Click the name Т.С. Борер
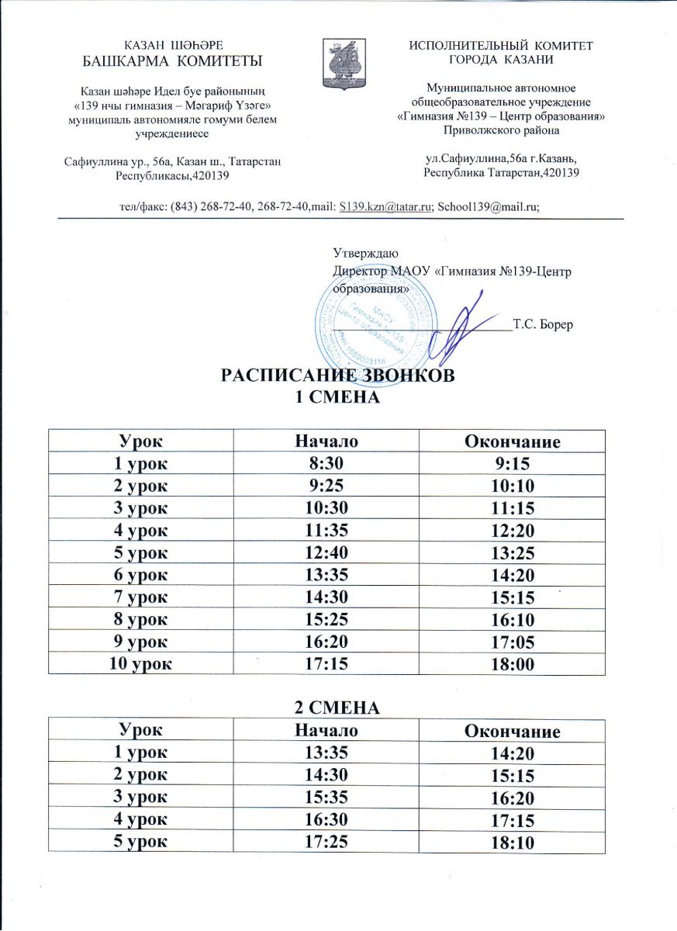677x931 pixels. (543, 324)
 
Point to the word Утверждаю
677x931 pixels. (366, 253)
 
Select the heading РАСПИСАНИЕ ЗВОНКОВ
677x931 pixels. (337, 376)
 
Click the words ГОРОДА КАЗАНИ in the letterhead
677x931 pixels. (501, 60)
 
